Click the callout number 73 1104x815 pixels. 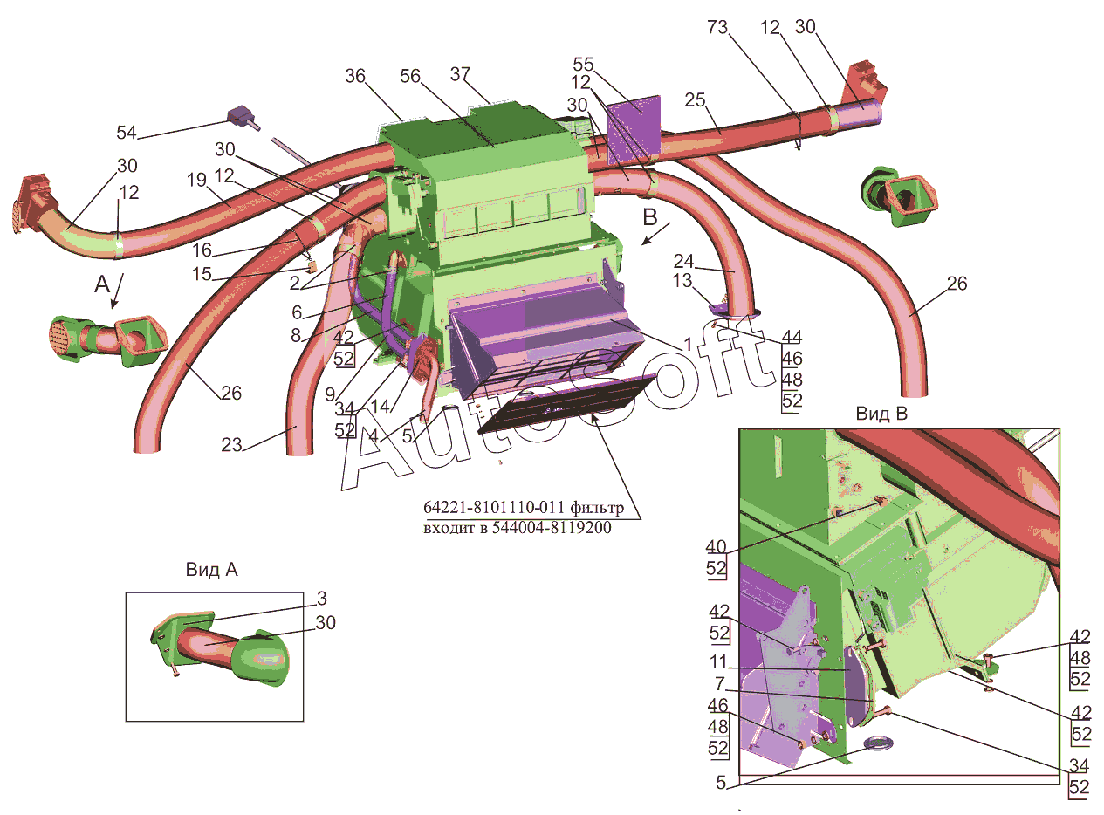point(717,27)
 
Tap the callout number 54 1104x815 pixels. point(126,133)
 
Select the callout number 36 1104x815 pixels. point(355,76)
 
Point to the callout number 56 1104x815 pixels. point(410,76)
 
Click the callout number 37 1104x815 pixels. point(461,74)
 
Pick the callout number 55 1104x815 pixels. point(583,65)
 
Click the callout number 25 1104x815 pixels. point(695,100)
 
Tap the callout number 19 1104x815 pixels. point(197,180)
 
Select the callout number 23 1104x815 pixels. point(231,445)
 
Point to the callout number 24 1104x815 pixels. point(684,261)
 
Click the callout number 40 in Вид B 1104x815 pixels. point(716,546)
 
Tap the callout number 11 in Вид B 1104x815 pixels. point(719,662)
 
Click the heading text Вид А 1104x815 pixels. point(211,570)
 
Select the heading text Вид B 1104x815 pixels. point(881,414)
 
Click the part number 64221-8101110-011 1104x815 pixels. point(494,507)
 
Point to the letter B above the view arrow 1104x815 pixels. point(650,217)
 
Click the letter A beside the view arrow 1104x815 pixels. point(102,284)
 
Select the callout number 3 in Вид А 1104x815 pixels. point(321,599)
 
